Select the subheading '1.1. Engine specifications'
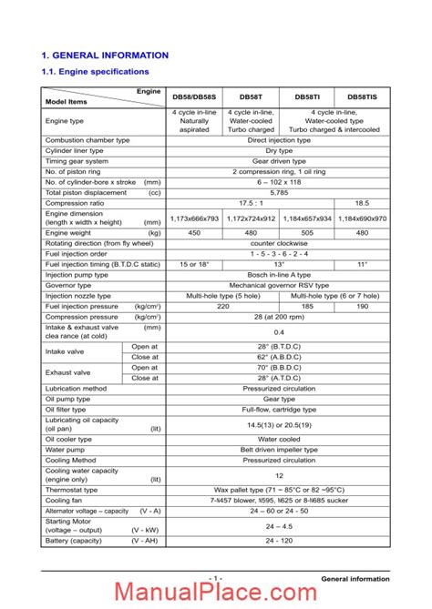(96, 71)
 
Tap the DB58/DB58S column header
(195, 96)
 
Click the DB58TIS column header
(362, 96)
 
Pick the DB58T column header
(251, 96)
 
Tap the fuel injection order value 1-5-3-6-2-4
(279, 253)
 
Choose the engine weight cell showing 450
(195, 233)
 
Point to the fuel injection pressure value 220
(223, 306)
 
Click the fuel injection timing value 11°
(362, 263)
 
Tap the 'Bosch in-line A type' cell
(279, 274)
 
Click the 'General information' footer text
(355, 579)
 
